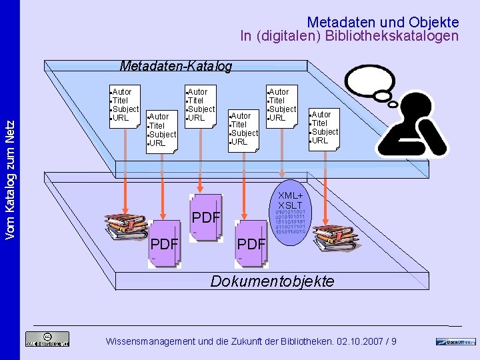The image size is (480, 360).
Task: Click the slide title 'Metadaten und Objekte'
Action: (x=383, y=22)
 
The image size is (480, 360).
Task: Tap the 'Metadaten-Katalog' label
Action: (x=175, y=66)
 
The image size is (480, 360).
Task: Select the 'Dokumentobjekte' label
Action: (x=272, y=281)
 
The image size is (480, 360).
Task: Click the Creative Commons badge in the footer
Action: (x=47, y=339)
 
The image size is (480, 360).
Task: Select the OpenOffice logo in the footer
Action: (x=456, y=341)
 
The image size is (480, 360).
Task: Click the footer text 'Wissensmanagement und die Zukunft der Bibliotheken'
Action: (x=251, y=341)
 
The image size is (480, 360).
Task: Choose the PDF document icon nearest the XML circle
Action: (x=252, y=243)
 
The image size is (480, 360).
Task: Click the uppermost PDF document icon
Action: (x=206, y=217)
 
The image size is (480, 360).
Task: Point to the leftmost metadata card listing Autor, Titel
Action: (x=124, y=105)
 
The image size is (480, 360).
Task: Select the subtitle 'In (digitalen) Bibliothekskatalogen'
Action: (x=349, y=37)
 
